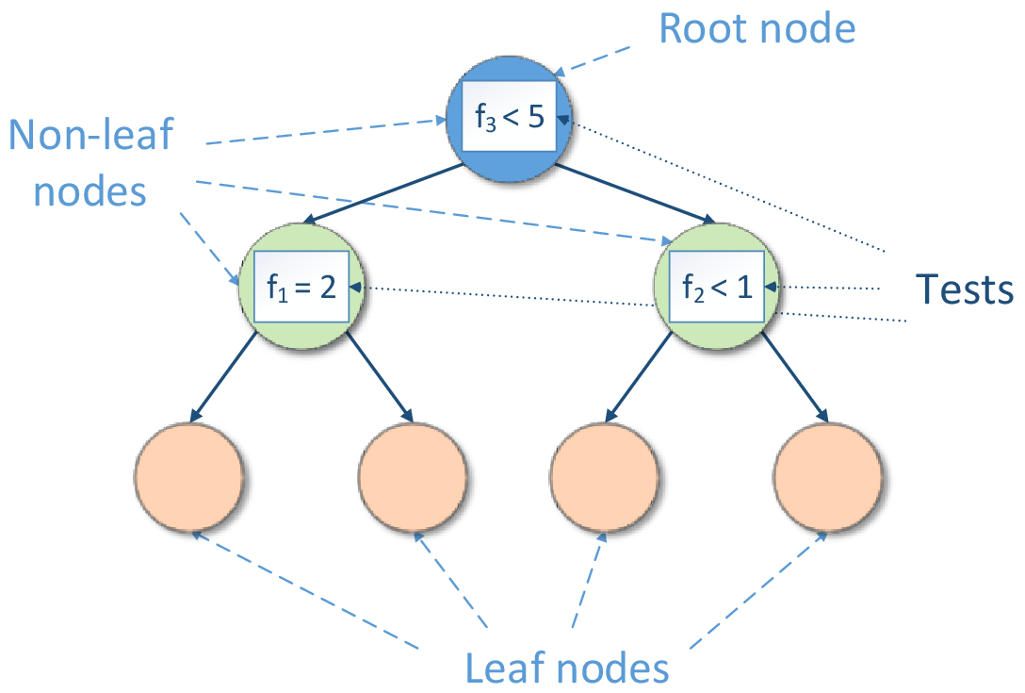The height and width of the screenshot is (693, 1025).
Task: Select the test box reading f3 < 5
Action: pyautogui.click(x=510, y=120)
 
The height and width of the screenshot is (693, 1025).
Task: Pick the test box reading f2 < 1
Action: pyautogui.click(x=717, y=288)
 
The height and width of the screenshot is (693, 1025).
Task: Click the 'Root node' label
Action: pyautogui.click(x=757, y=28)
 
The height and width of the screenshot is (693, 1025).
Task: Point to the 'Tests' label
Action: pyautogui.click(x=966, y=289)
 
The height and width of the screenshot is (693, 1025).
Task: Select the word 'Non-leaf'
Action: pyautogui.click(x=91, y=135)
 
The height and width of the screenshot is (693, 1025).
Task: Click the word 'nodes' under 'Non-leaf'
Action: pyautogui.click(x=90, y=191)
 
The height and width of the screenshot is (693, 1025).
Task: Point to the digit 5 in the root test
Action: pyautogui.click(x=536, y=120)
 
